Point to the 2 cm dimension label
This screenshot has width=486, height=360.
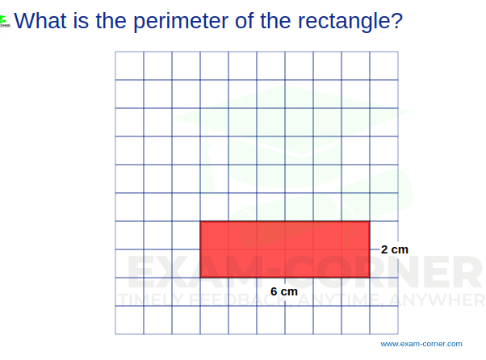[x=395, y=249]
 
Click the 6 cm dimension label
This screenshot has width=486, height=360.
[x=284, y=291]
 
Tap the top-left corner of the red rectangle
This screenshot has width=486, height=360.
[x=200, y=221]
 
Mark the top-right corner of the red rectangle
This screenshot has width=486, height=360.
[x=370, y=221]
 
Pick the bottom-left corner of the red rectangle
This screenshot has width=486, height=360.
[x=200, y=278]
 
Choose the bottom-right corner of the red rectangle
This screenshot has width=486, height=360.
[x=370, y=278]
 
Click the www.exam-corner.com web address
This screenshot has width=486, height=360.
[x=421, y=343]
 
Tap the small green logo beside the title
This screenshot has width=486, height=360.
[x=5, y=20]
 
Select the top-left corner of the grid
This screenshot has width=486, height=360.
[x=115, y=52]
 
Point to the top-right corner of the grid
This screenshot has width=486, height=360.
[x=397, y=52]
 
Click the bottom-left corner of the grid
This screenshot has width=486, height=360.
[x=115, y=333]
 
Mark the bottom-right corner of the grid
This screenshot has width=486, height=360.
[x=397, y=333]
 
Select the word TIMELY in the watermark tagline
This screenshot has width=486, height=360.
[x=145, y=302]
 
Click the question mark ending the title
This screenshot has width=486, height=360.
[x=395, y=19]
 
